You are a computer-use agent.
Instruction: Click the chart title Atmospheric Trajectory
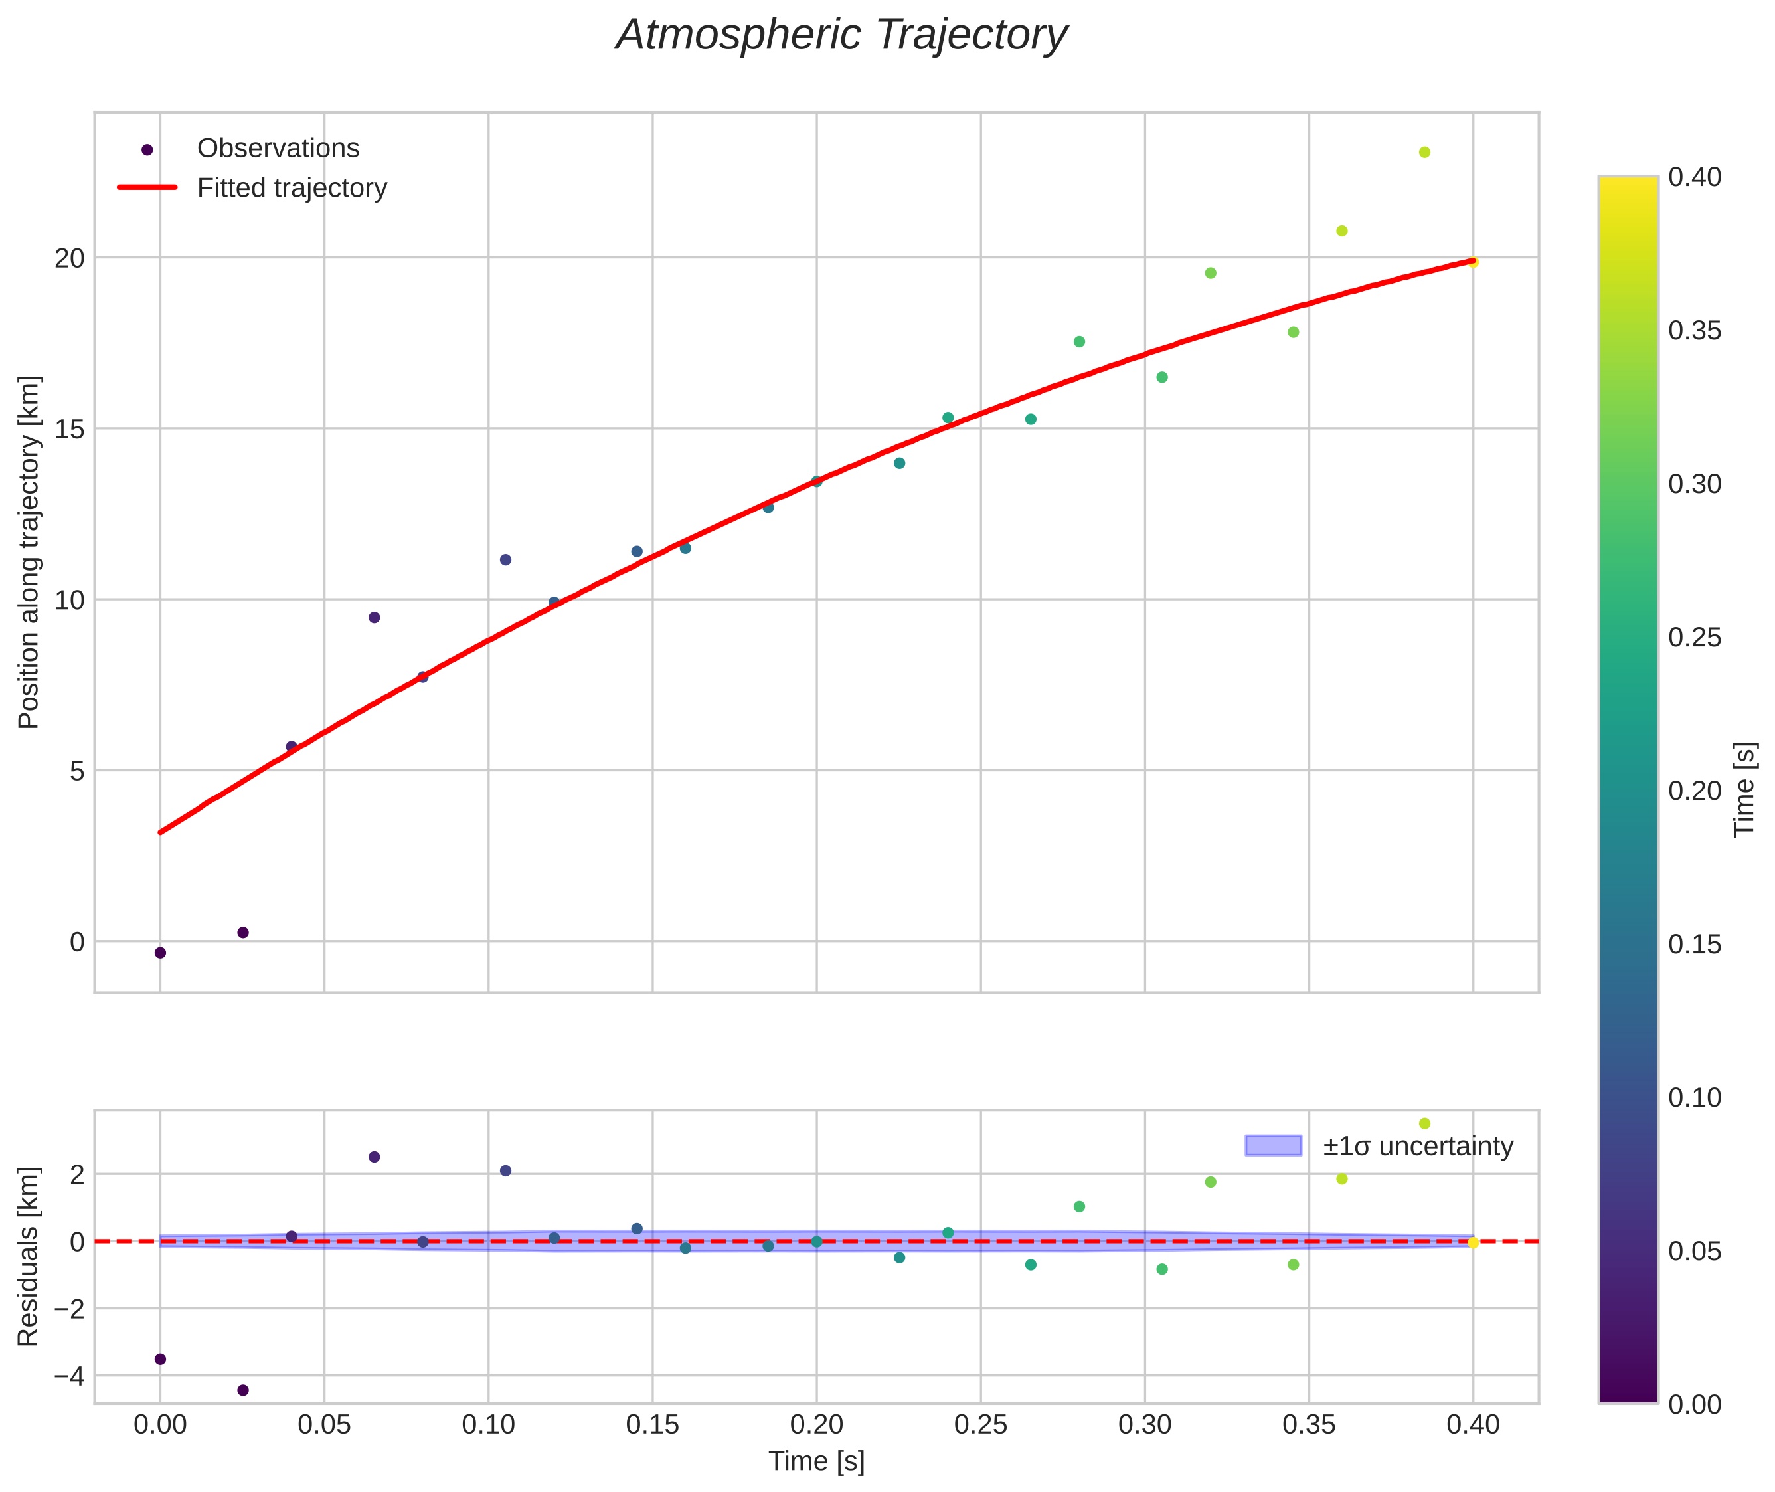click(841, 35)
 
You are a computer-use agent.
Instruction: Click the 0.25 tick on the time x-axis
click(981, 1425)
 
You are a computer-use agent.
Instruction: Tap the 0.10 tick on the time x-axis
click(488, 1425)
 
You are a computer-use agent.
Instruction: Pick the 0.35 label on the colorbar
click(1695, 331)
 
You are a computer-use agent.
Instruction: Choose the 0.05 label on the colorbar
click(1695, 1251)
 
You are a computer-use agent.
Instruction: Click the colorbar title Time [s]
click(1744, 790)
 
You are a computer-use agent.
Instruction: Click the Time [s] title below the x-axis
click(816, 1461)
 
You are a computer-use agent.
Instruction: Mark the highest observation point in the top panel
click(1424, 152)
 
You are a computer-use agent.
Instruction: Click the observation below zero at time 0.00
click(160, 953)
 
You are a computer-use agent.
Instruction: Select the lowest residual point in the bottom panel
click(242, 1390)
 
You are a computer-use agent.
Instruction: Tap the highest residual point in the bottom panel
click(1424, 1124)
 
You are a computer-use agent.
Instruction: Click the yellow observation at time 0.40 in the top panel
click(1473, 263)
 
